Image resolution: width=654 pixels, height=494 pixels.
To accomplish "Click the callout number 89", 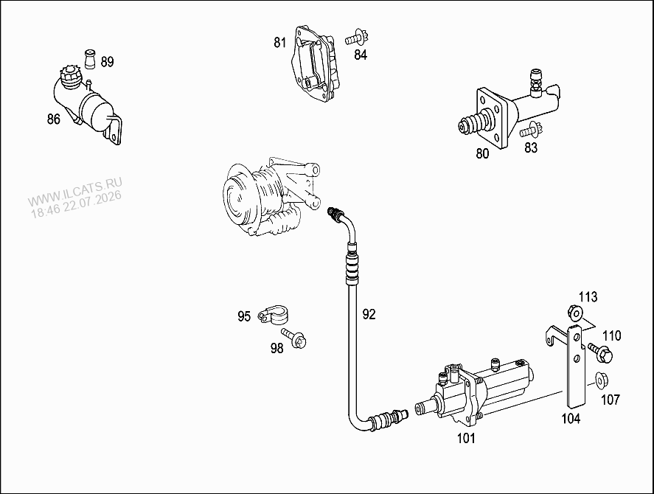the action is point(107,62).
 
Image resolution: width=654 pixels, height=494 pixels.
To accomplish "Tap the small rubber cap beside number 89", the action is point(90,58).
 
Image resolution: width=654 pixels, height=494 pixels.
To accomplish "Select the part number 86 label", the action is point(53,119).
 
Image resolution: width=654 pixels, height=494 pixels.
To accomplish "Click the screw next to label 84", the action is point(356,38).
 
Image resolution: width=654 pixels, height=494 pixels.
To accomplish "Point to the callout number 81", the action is point(280,42).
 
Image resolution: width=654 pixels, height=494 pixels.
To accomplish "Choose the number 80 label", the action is point(482,153).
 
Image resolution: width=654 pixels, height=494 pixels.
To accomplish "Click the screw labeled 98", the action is point(294,338).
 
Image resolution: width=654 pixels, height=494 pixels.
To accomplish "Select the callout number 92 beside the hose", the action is point(369,314).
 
